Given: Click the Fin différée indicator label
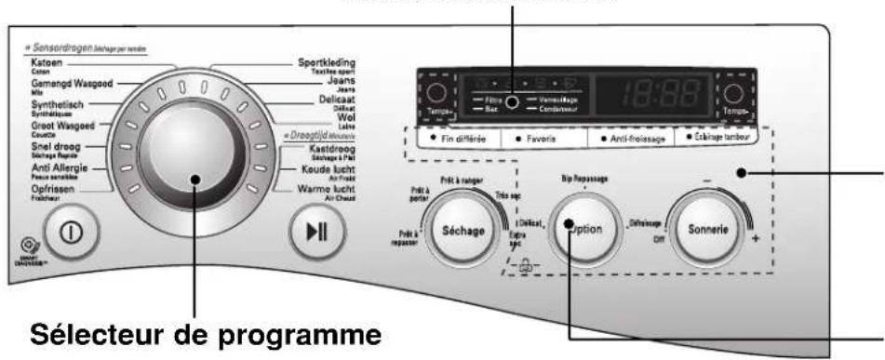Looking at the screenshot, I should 457,139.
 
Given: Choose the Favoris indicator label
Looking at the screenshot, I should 541,139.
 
